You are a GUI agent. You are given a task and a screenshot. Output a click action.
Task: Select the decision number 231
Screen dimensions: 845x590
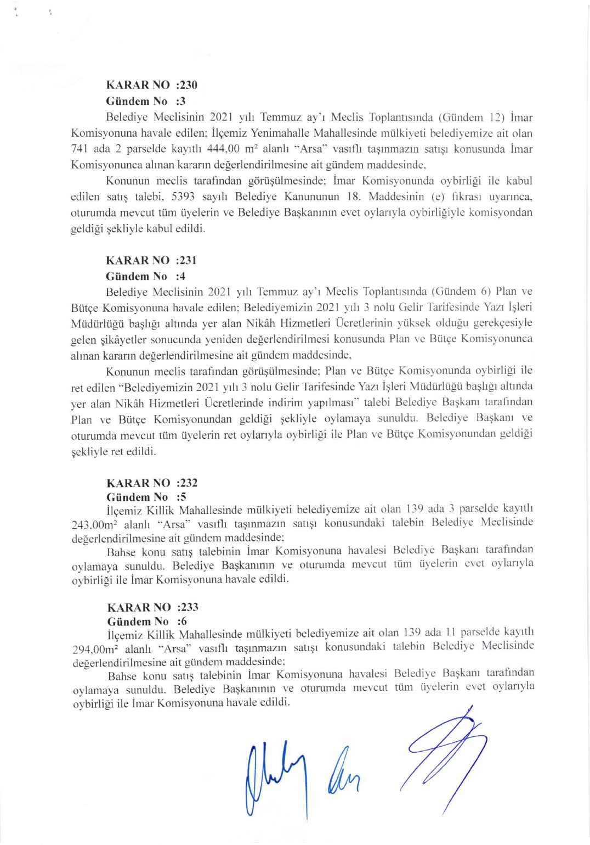[x=188, y=260]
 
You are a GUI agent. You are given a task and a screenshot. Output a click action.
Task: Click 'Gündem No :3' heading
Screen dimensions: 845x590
[x=146, y=101]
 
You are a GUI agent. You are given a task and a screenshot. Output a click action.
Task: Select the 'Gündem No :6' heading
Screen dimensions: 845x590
[x=147, y=622]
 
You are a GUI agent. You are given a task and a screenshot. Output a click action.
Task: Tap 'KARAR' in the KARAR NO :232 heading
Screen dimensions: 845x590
[x=127, y=483]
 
